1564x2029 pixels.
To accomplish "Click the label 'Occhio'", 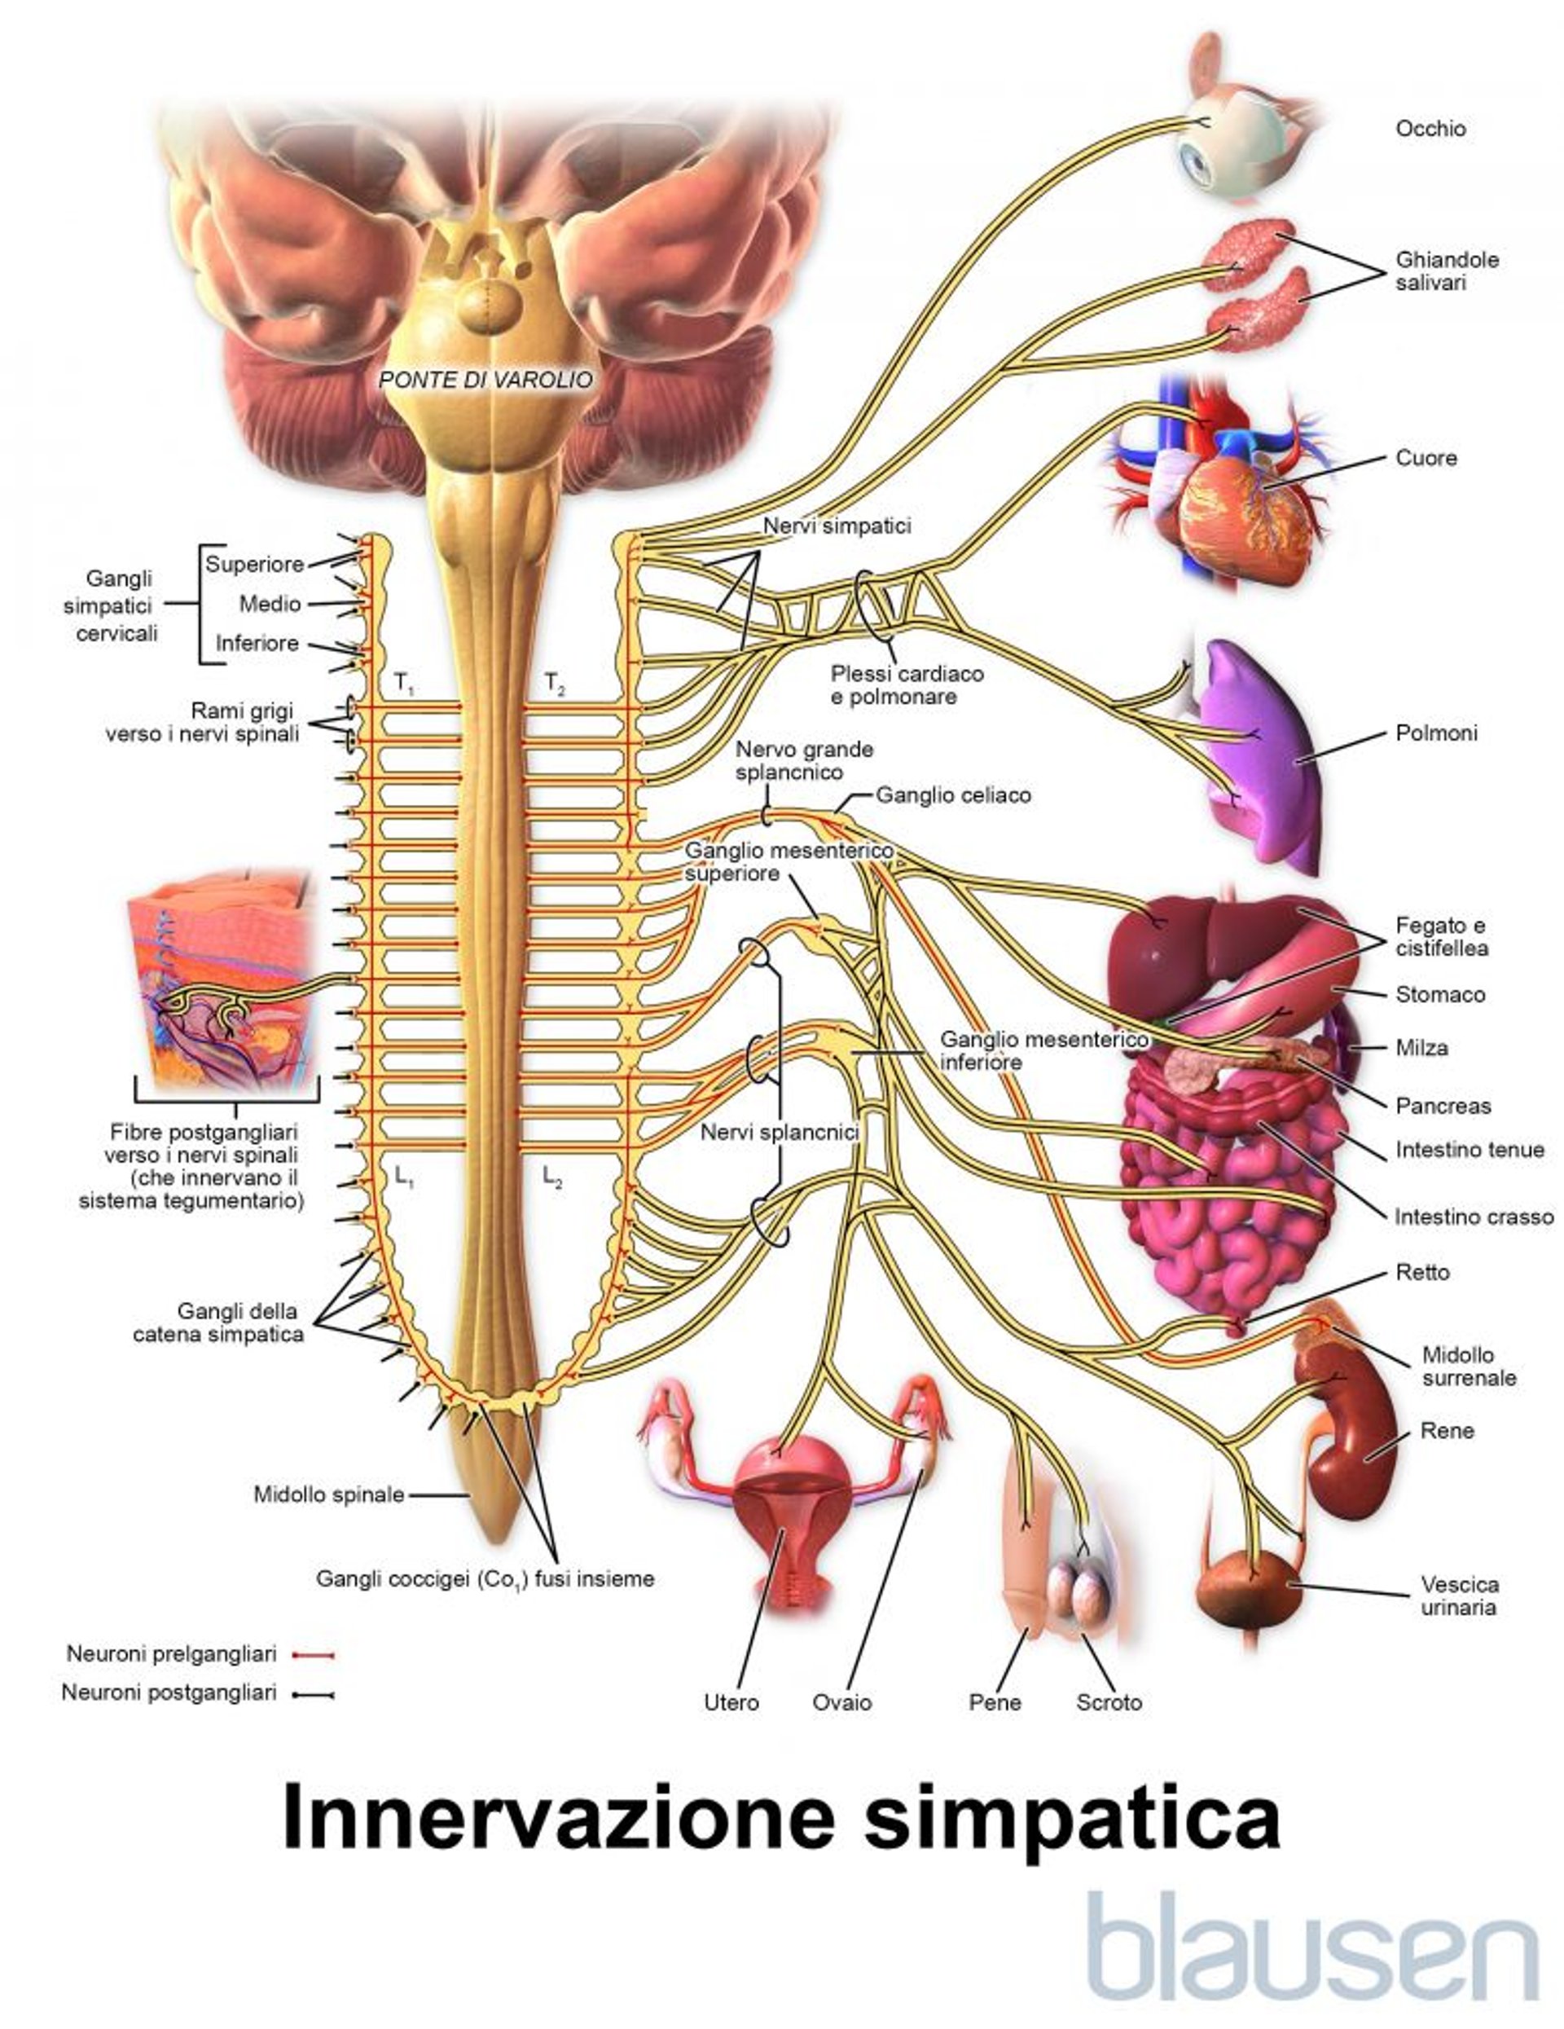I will coord(1430,129).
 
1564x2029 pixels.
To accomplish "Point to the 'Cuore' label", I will coord(1426,458).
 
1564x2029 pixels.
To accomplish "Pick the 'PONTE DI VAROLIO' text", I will coord(485,379).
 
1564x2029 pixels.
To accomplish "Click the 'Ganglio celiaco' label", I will coord(953,795).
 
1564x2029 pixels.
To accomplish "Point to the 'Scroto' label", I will coord(1109,1702).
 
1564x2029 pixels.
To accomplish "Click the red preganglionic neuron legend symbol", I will coord(313,1655).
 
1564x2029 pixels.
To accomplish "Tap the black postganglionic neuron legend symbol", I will coord(313,1693).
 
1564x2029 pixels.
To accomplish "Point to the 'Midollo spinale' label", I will coord(329,1494).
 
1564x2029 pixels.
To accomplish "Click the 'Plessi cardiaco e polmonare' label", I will coord(907,684).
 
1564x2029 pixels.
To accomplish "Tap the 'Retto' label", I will coord(1421,1272).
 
